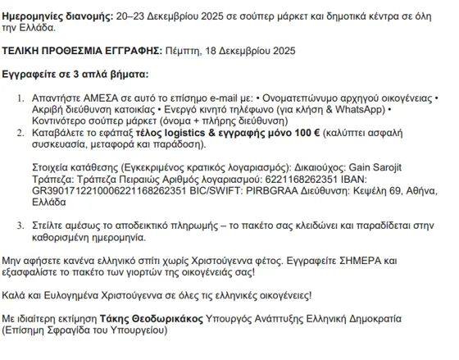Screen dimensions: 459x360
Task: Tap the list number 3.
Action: tap(23, 222)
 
